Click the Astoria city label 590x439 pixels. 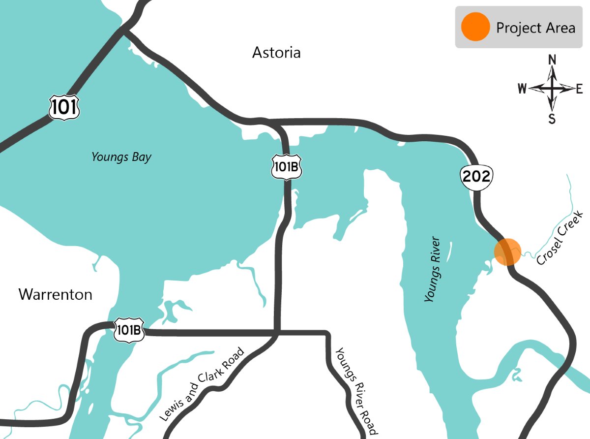pyautogui.click(x=276, y=52)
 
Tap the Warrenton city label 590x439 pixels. pyautogui.click(x=55, y=294)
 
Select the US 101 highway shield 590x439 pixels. pyautogui.click(x=64, y=107)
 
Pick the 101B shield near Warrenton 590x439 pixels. pyautogui.click(x=129, y=330)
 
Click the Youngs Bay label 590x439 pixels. pyautogui.click(x=121, y=157)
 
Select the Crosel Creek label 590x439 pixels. pyautogui.click(x=560, y=238)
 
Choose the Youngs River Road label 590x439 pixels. pyautogui.click(x=356, y=391)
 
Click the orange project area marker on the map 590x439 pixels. pyautogui.click(x=507, y=252)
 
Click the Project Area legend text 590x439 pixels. pyautogui.click(x=535, y=28)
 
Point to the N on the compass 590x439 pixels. pyautogui.click(x=552, y=60)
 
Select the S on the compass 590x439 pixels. pyautogui.click(x=552, y=119)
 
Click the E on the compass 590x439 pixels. pyautogui.click(x=579, y=89)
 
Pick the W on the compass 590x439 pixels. pyautogui.click(x=522, y=89)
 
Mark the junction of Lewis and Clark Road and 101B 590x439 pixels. pyautogui.click(x=277, y=333)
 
